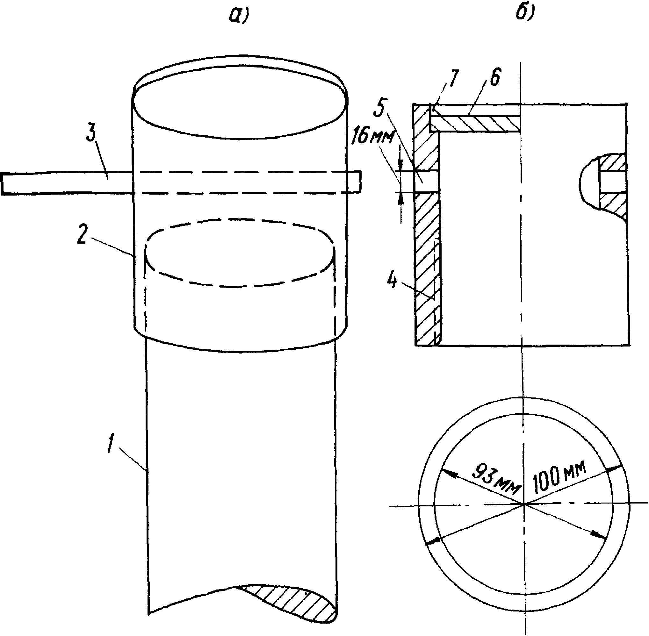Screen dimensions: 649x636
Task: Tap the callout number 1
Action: coord(111,444)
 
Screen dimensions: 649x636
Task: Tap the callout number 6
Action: coord(494,78)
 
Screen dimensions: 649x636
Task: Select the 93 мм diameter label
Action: coord(496,478)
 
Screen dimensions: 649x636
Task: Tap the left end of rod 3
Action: coord(2,183)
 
